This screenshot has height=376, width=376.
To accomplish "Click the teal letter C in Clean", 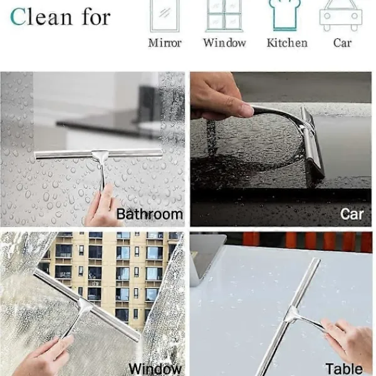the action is click(x=18, y=17).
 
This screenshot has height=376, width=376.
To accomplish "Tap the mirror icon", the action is click(x=164, y=16).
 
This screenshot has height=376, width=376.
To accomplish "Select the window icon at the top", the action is click(x=224, y=16).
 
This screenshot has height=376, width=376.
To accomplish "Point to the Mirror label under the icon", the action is click(x=165, y=43).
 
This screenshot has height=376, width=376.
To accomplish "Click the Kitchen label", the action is click(x=287, y=43).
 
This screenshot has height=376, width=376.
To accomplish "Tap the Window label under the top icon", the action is click(x=224, y=43).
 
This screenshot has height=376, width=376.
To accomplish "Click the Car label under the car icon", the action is click(x=342, y=43).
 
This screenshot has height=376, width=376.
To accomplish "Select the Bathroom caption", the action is click(x=150, y=214).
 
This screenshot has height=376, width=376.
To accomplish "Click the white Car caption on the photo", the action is click(x=352, y=214).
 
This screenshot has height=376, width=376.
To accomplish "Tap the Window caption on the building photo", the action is click(x=155, y=369).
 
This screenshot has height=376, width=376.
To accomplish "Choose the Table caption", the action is click(x=344, y=368).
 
